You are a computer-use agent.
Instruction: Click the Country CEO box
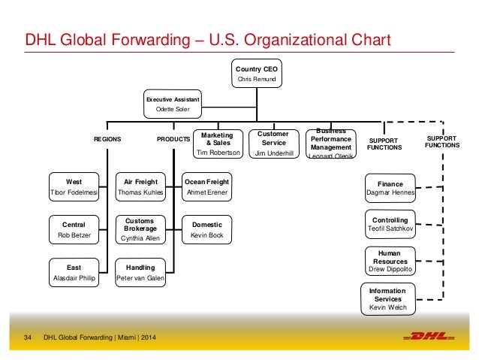coord(257,73)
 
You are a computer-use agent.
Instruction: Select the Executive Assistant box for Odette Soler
coord(173,104)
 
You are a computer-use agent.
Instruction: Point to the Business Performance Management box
coord(331,144)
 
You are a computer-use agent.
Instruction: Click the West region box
coord(74,187)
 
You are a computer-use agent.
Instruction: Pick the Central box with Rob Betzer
coord(74,230)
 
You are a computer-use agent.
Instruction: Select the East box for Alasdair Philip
coord(74,272)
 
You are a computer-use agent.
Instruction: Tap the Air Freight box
coord(140,187)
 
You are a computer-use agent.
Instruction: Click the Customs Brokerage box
coord(140,230)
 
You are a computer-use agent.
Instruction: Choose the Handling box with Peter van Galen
coord(140,272)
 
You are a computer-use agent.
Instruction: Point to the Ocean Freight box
coord(206,187)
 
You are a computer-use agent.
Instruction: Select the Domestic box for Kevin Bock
coord(206,230)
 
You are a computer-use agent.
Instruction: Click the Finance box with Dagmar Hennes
coord(390,188)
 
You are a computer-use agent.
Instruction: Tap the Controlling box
coord(390,225)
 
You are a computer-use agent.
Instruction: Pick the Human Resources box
coord(390,261)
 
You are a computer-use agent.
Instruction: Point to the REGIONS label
coord(107,139)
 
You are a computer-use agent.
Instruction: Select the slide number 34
coord(29,335)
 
